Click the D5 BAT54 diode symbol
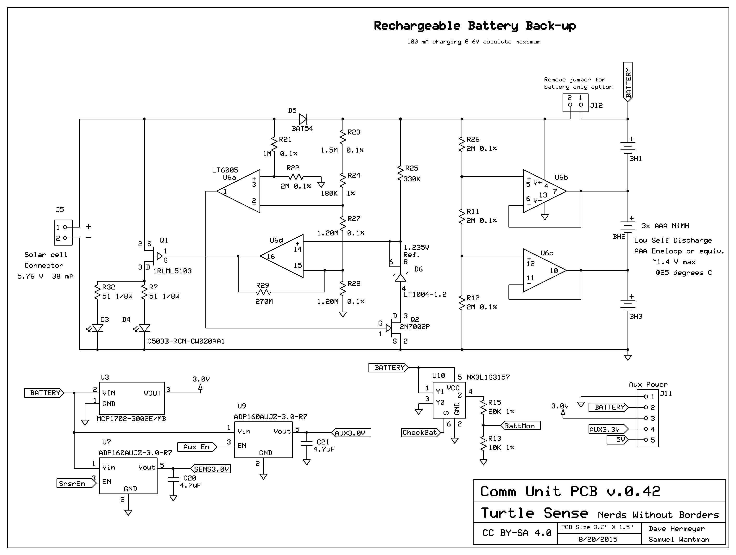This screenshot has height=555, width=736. pyautogui.click(x=303, y=119)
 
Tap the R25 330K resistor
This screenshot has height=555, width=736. pyautogui.click(x=401, y=173)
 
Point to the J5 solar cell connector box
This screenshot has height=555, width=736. pyautogui.click(x=63, y=232)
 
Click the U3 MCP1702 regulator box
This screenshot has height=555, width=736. pyautogui.click(x=132, y=398)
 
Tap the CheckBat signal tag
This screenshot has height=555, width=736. pyautogui.click(x=420, y=432)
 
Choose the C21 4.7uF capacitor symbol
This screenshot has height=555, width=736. pyautogui.click(x=307, y=443)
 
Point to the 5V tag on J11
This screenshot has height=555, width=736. pyautogui.click(x=618, y=440)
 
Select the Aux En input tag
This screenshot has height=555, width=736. pyautogui.click(x=197, y=447)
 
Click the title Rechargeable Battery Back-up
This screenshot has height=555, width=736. pyautogui.click(x=475, y=26)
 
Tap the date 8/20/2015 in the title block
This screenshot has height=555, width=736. pyautogui.click(x=598, y=539)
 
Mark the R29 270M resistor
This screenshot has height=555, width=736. pyautogui.click(x=264, y=292)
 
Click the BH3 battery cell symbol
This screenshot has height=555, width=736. pyautogui.click(x=628, y=305)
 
